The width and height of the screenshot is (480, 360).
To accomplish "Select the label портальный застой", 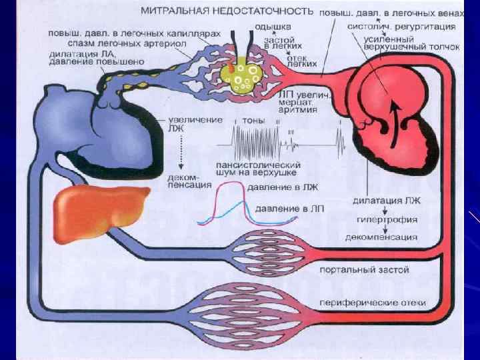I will click(364, 269).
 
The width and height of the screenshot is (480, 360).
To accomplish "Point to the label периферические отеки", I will click(372, 303).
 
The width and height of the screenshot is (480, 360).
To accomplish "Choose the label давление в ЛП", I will click(289, 209).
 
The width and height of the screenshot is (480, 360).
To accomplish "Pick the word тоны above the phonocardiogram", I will click(254, 121).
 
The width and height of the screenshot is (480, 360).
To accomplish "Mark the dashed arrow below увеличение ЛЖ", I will click(181, 154).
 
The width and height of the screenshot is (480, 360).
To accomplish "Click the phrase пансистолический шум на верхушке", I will click(257, 169).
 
